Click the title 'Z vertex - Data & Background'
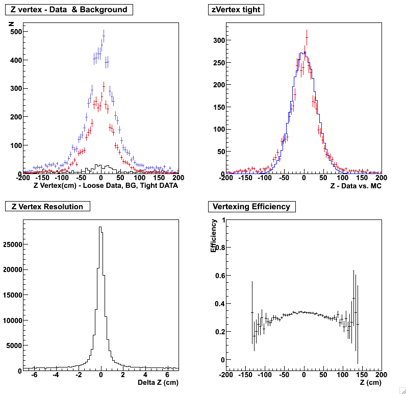point(69,10)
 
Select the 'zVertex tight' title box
point(236,10)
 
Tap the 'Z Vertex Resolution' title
point(47,207)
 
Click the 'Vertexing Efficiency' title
point(251,207)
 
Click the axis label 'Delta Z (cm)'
point(158,382)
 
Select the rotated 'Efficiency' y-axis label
point(214,236)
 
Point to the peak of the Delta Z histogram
point(100,227)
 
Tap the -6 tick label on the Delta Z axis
point(34,375)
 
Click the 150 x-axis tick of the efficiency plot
point(362,375)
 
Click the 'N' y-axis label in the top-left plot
point(11,23)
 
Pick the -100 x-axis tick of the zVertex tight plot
point(264,178)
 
